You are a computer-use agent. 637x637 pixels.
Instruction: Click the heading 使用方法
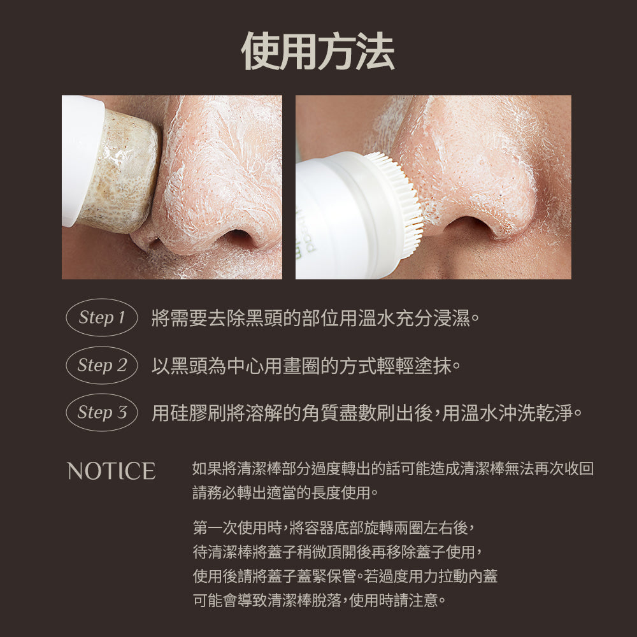[x=318, y=50]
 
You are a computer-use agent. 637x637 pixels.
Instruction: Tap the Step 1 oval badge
[x=102, y=317]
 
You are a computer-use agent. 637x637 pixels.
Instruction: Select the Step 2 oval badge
[x=102, y=365]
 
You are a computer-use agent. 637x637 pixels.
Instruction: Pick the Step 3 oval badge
[x=102, y=413]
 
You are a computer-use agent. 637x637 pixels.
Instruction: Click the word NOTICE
[x=111, y=471]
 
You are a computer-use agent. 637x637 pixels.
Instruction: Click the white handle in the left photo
[x=80, y=159]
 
